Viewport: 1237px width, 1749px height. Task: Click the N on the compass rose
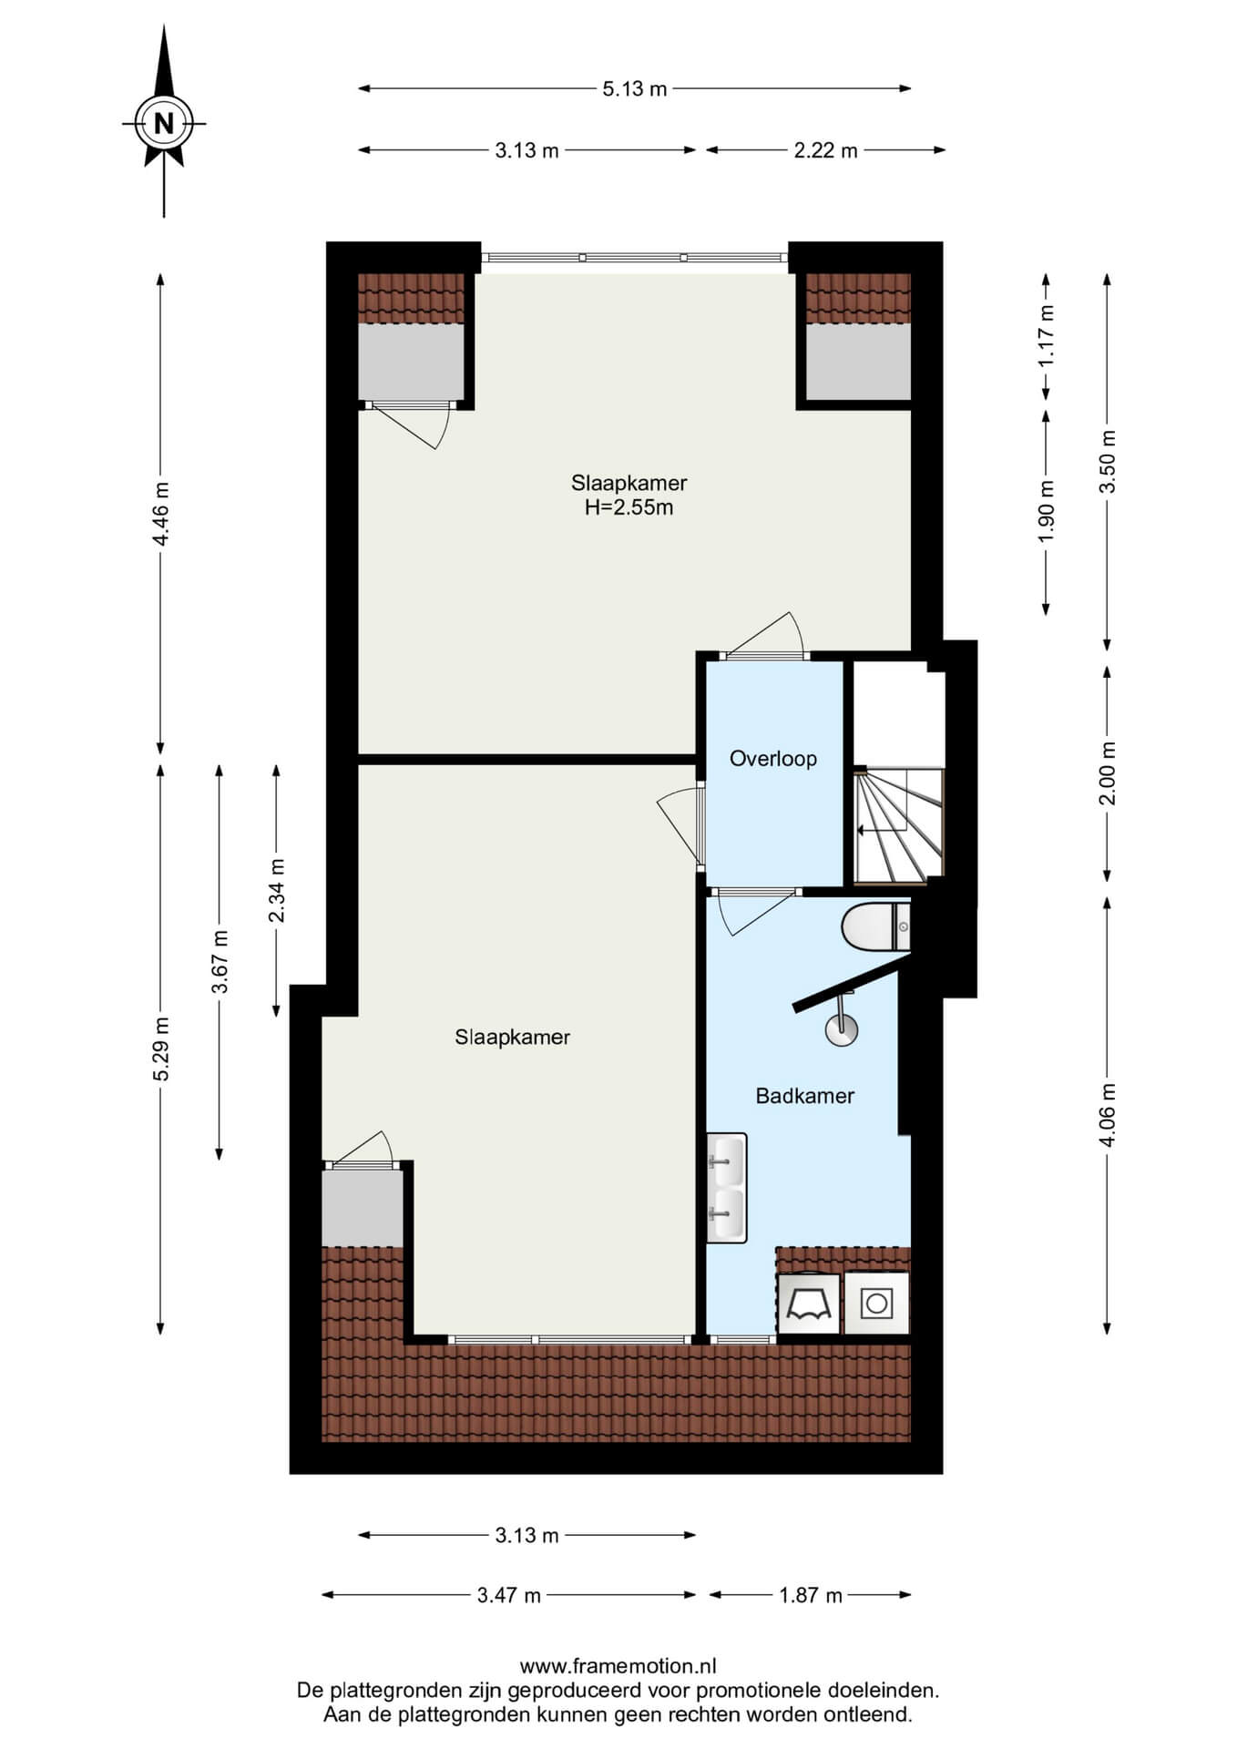pyautogui.click(x=164, y=123)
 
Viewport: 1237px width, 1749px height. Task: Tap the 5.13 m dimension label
pyautogui.click(x=634, y=88)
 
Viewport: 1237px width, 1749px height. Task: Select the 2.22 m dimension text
pyautogui.click(x=825, y=150)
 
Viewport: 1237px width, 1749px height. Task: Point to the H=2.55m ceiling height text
pyautogui.click(x=629, y=507)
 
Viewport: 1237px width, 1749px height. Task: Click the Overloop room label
pyautogui.click(x=773, y=758)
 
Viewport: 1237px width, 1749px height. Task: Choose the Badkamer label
pyautogui.click(x=805, y=1096)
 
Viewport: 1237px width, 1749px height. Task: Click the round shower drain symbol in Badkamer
pyautogui.click(x=842, y=1029)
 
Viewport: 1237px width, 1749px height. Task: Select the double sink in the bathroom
pyautogui.click(x=727, y=1188)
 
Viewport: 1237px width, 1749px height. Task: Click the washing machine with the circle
pyautogui.click(x=876, y=1304)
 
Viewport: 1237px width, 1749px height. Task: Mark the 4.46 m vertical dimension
pyautogui.click(x=161, y=514)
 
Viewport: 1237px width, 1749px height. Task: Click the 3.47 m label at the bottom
pyautogui.click(x=509, y=1595)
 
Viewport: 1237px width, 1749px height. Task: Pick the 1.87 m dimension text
pyautogui.click(x=811, y=1595)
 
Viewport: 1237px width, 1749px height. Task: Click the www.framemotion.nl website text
pyautogui.click(x=618, y=1667)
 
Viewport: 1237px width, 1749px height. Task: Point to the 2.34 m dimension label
pyautogui.click(x=277, y=890)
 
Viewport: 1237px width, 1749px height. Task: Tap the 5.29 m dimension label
pyautogui.click(x=161, y=1048)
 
